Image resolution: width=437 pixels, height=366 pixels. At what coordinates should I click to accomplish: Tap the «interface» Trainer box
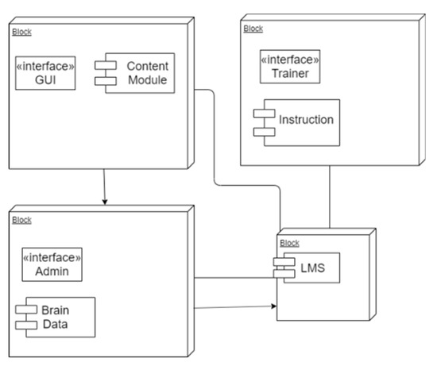click(x=290, y=67)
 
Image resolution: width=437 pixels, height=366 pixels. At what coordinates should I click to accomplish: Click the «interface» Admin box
click(x=52, y=264)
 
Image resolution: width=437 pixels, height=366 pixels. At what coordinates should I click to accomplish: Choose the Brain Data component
click(x=54, y=316)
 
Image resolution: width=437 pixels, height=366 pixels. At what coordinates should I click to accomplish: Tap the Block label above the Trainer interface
click(x=253, y=29)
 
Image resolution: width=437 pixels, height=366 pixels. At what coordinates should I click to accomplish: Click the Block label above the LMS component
click(x=290, y=243)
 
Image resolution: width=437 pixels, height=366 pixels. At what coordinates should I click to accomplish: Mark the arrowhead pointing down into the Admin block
click(x=104, y=201)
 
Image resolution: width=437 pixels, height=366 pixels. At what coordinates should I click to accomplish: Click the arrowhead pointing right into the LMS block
click(x=273, y=305)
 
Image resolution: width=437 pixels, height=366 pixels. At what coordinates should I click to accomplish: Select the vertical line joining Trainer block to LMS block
click(x=328, y=196)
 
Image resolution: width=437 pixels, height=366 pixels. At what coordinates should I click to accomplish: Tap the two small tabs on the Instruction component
click(x=260, y=121)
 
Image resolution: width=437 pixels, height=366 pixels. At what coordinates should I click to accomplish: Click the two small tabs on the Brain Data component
click(x=21, y=316)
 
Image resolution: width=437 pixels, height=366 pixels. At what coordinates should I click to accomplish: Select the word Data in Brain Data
click(x=53, y=324)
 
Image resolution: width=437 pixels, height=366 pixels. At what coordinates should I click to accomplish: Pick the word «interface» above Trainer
click(x=290, y=60)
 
